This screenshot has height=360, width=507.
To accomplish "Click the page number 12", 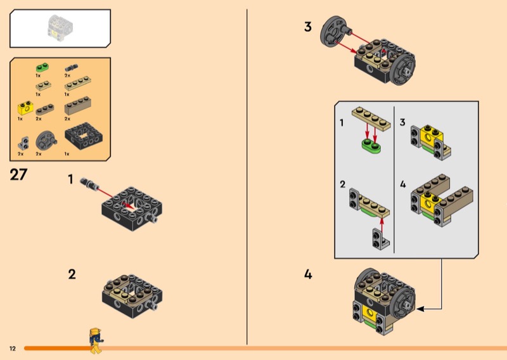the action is tap(12, 349).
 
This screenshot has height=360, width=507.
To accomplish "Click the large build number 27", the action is tap(18, 175).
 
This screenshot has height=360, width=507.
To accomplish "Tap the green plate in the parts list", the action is tap(42, 67).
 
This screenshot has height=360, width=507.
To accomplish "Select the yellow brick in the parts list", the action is tap(25, 108).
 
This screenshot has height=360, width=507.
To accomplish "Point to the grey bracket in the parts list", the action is tap(23, 143).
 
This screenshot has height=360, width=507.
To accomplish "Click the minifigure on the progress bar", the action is tap(96, 340).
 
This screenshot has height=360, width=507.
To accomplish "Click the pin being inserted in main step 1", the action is tap(89, 184).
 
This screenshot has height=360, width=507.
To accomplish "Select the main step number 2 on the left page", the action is tap(72, 274).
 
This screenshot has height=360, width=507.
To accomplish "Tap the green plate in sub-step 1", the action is tap(371, 146).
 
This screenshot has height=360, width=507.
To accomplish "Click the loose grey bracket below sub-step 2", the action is tap(381, 238).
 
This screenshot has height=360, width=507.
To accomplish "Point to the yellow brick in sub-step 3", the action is tap(430, 135).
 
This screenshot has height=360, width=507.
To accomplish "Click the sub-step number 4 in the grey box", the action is tap(403, 184).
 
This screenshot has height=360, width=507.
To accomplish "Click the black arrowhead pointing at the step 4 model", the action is tap(420, 309).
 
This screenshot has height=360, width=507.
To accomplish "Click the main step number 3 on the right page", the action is tap(308, 27).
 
